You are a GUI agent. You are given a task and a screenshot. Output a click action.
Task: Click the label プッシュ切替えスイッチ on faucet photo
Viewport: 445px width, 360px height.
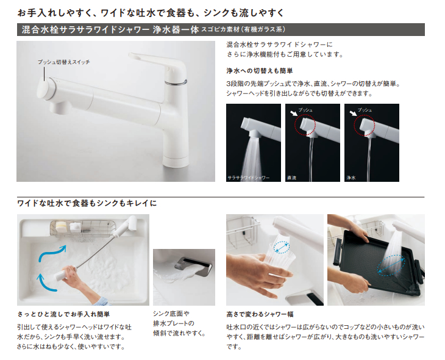click(57, 63)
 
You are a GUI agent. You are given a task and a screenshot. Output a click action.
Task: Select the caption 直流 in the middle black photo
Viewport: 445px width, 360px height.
click(292, 177)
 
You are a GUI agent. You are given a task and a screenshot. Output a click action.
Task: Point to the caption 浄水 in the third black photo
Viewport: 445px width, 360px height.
click(351, 177)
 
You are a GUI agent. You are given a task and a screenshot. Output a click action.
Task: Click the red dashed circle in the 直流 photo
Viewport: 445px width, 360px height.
click(307, 126)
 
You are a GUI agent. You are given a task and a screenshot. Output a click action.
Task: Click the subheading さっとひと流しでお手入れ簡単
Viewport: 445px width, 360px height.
click(64, 314)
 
